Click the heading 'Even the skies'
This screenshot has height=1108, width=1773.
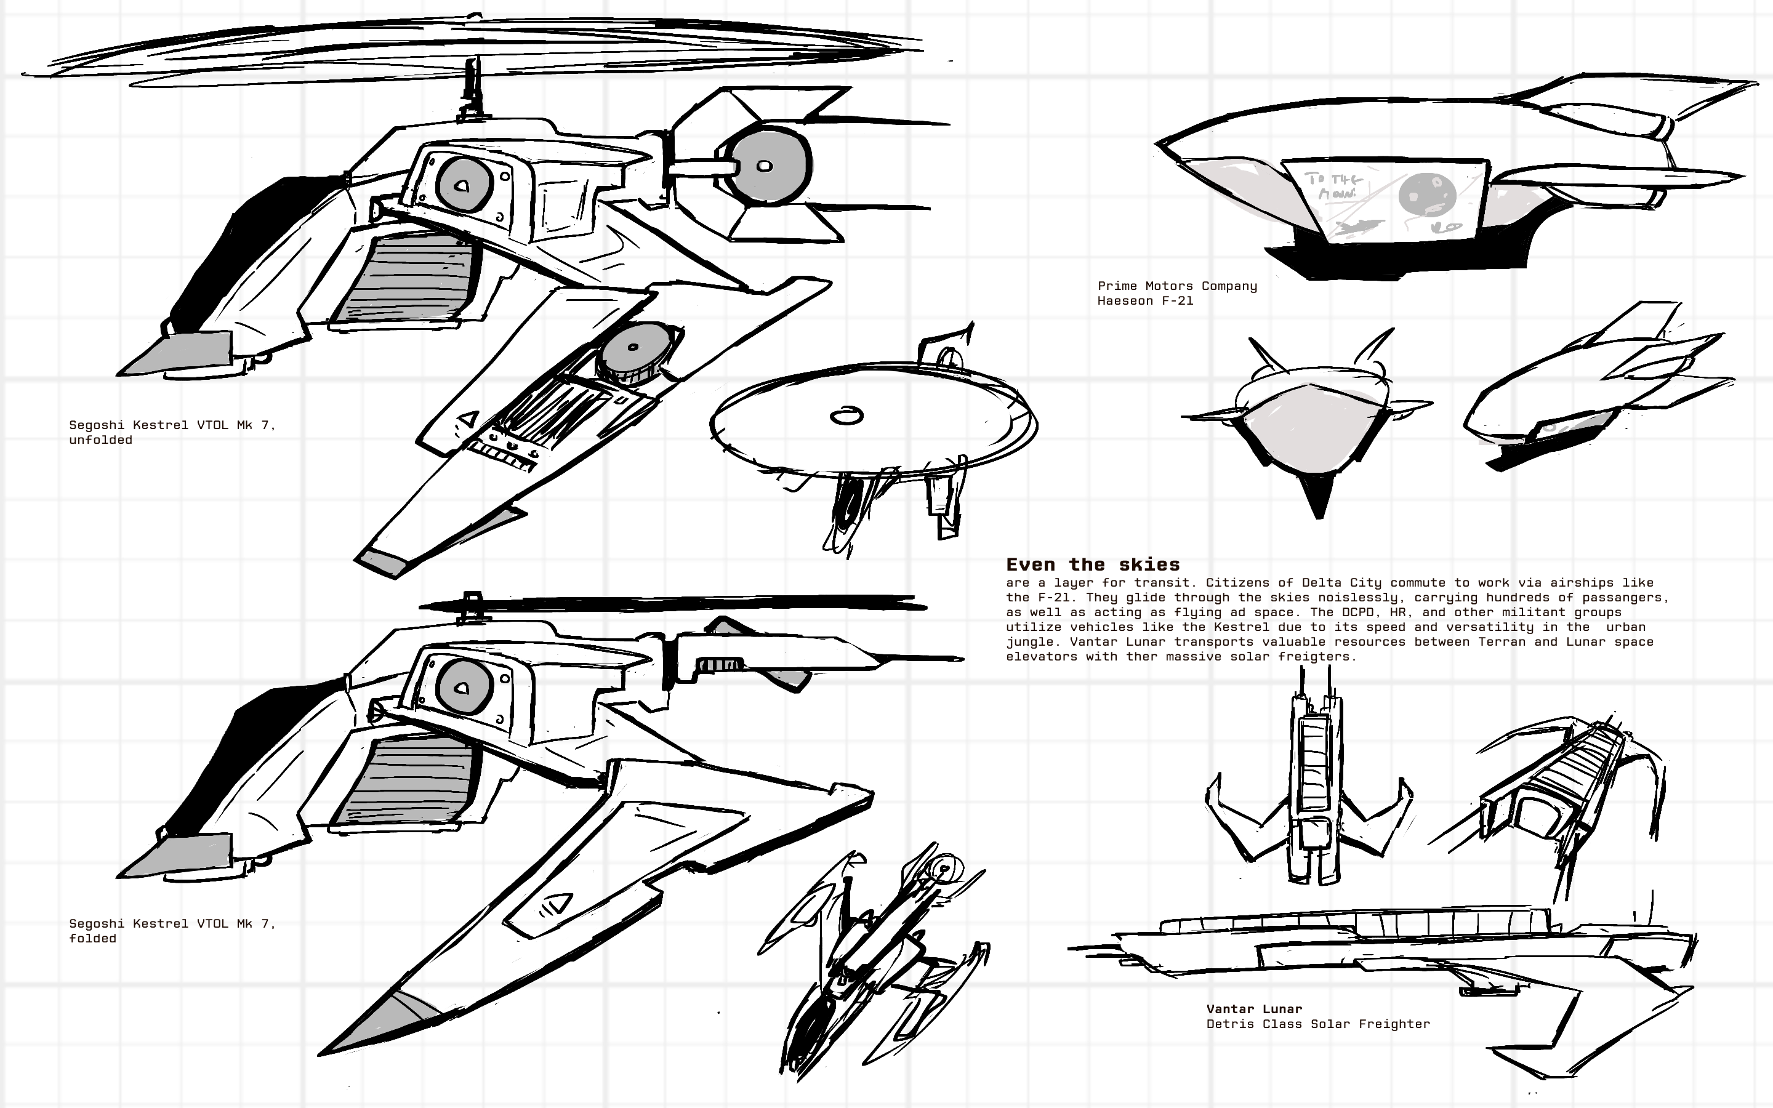click(1092, 564)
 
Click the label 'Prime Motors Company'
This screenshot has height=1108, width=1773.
click(1176, 286)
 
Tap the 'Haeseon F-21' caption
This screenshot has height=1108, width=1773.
click(1145, 300)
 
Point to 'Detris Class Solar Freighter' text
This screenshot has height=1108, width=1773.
click(1317, 1024)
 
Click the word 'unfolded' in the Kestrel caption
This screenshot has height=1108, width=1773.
click(100, 440)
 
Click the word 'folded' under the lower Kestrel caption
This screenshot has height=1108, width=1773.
click(92, 938)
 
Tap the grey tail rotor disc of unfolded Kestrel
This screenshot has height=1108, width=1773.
click(770, 166)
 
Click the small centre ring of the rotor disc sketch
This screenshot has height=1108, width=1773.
click(846, 416)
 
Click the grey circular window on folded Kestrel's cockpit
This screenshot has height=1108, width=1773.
click(464, 688)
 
